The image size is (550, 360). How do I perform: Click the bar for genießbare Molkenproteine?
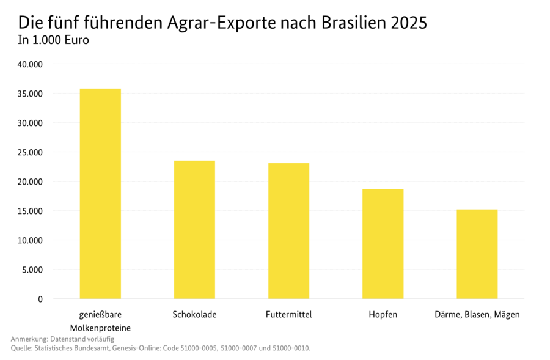click(x=100, y=194)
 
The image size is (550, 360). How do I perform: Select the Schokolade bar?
click(x=194, y=230)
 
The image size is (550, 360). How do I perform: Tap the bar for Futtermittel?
click(x=288, y=231)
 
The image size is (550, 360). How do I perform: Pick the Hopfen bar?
click(x=383, y=244)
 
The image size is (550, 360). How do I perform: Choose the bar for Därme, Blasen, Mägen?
click(x=477, y=254)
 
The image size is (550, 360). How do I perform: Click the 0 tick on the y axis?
click(x=40, y=299)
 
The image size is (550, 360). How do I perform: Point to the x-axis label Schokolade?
click(x=194, y=315)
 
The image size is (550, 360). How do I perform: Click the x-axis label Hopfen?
click(x=383, y=315)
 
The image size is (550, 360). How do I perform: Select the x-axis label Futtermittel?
click(x=288, y=315)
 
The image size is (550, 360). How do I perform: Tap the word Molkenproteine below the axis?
click(x=100, y=328)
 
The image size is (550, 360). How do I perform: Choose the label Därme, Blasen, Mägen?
click(x=477, y=315)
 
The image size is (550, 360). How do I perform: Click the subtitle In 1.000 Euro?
click(x=54, y=41)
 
